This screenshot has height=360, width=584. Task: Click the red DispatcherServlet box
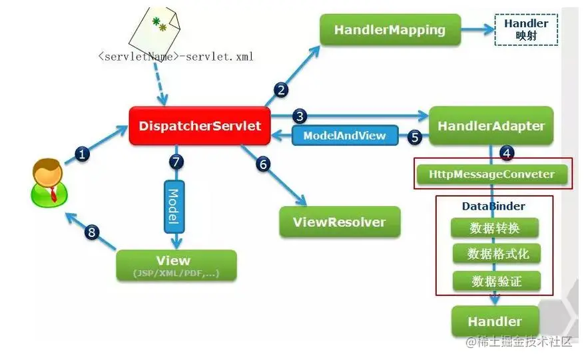click(x=200, y=126)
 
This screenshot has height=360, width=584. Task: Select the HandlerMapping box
click(x=390, y=30)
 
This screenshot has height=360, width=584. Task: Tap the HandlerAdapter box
click(x=491, y=126)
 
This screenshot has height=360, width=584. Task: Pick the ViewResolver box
click(x=340, y=222)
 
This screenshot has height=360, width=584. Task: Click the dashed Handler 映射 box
click(x=526, y=30)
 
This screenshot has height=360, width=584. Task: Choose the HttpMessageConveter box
click(x=492, y=174)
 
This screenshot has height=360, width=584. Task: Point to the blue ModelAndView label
click(x=345, y=136)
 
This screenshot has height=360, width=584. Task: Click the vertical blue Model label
click(x=174, y=207)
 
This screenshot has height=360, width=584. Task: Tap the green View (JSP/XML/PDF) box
click(x=176, y=266)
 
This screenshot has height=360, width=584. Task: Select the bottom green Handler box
click(x=495, y=321)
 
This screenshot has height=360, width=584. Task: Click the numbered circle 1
click(x=82, y=153)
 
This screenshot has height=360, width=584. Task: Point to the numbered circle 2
click(x=281, y=90)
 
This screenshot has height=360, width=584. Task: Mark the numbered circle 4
click(x=507, y=152)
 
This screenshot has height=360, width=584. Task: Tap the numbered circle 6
click(x=263, y=164)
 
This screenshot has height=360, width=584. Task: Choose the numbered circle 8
click(x=92, y=232)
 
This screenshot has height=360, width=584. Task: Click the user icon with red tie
click(x=49, y=182)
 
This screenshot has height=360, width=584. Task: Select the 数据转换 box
click(x=495, y=228)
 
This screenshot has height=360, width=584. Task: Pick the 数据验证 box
click(x=497, y=281)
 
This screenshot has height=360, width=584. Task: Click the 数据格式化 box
click(x=497, y=254)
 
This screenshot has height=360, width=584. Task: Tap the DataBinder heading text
click(x=493, y=206)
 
